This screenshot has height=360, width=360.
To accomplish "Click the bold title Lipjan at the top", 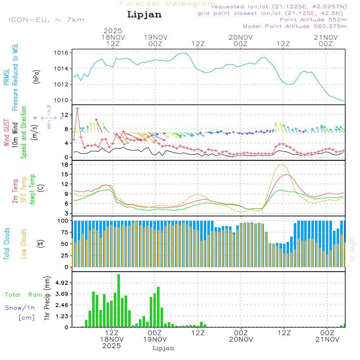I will click(x=144, y=14).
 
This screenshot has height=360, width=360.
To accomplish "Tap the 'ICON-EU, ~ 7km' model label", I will click(x=46, y=20).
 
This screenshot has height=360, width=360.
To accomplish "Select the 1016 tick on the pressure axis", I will click(x=61, y=53).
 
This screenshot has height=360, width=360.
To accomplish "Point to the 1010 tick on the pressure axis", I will click(x=61, y=100).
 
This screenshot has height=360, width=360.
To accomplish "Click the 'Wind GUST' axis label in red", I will click(x=6, y=134).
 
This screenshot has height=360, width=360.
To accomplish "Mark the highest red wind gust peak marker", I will click(x=77, y=108).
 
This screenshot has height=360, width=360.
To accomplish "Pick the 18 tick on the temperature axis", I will click(x=65, y=165).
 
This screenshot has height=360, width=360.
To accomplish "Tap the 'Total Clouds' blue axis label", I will click(x=6, y=244).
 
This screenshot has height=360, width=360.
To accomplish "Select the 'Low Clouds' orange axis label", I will click(x=24, y=244).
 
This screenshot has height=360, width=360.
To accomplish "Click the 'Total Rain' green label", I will click(x=23, y=294).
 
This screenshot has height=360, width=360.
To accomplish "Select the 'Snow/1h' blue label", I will click(x=20, y=308).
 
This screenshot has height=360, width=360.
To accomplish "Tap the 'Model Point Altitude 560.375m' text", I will click(x=294, y=26).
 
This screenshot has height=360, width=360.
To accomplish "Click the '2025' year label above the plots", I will click(x=113, y=31).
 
